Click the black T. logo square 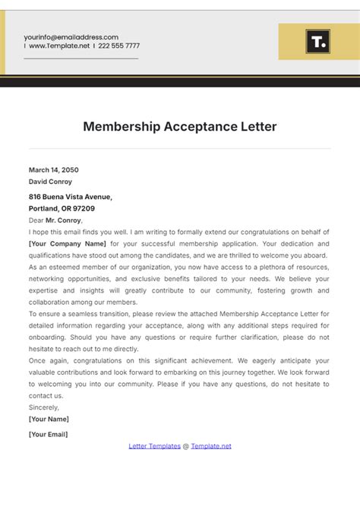[317, 42]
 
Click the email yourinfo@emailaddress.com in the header [71, 36]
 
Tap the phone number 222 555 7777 [119, 46]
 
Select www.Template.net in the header [58, 46]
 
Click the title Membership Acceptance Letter [180, 126]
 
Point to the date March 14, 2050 [53, 170]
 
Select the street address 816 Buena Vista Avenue [71, 197]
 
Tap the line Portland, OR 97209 [62, 208]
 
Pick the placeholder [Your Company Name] [67, 244]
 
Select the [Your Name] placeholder [49, 419]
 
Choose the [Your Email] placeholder [48, 434]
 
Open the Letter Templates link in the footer [154, 446]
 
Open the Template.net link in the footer [211, 446]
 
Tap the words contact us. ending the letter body [46, 396]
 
